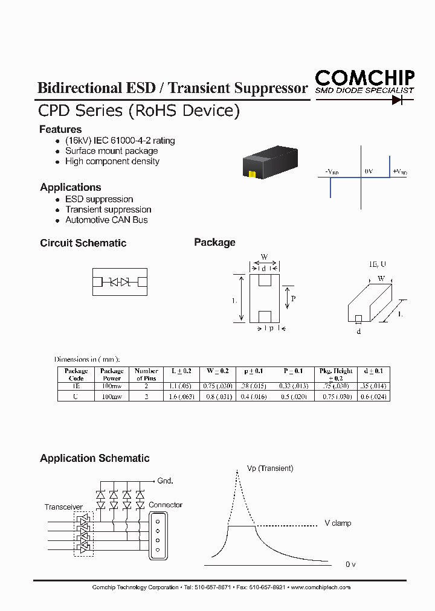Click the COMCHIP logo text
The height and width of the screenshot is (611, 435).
364,77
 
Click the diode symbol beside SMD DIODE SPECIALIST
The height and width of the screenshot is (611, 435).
398,100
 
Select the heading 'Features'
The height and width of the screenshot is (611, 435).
60,129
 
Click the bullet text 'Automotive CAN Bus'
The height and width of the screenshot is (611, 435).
106,220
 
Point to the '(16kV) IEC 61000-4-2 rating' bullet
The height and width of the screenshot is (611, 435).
120,141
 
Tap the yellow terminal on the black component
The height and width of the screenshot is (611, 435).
253,174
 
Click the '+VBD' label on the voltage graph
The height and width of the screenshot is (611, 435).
400,172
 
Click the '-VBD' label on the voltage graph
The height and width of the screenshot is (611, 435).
332,172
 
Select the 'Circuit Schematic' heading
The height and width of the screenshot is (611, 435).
83,243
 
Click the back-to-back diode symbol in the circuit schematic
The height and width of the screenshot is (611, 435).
120,282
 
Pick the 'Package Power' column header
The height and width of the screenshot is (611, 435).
112,374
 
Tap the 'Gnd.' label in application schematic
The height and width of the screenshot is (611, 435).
165,481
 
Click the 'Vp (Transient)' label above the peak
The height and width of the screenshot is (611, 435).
270,468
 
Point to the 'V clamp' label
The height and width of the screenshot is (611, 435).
338,523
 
